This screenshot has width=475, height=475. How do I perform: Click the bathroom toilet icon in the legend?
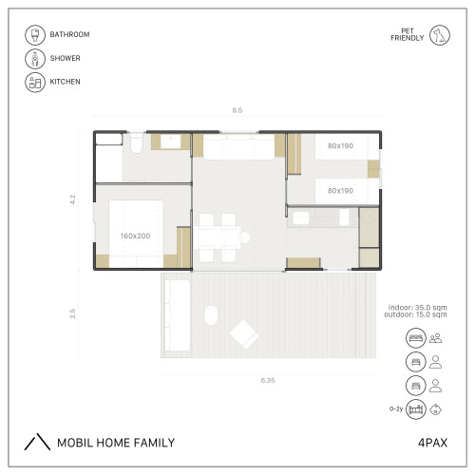point(35,35)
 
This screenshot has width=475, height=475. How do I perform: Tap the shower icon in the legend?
point(35,59)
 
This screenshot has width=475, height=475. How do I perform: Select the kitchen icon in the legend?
point(35,82)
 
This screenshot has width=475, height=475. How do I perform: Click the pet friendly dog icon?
point(440,35)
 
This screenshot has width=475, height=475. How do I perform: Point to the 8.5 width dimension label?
point(237,110)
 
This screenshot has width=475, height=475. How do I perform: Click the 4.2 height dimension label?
point(73,199)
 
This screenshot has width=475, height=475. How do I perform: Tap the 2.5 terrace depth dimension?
point(73,313)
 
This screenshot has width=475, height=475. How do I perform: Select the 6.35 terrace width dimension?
point(268,380)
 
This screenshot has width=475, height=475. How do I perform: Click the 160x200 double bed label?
point(135,236)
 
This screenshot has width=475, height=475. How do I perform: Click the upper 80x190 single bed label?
point(340,146)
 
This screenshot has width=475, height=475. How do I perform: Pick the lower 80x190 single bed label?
point(340,191)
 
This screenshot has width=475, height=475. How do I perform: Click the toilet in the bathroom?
point(137,143)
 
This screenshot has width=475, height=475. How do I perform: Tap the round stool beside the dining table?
point(245,237)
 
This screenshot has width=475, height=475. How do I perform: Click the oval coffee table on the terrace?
point(211,315)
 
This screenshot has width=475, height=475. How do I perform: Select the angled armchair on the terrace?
point(244,334)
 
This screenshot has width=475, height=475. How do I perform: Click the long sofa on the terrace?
point(178,315)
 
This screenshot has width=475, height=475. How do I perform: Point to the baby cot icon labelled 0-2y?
point(415,409)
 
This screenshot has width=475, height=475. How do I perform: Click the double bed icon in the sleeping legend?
point(415,338)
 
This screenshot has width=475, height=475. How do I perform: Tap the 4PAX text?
point(432,443)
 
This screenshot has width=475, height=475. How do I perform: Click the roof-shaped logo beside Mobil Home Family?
point(37,442)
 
